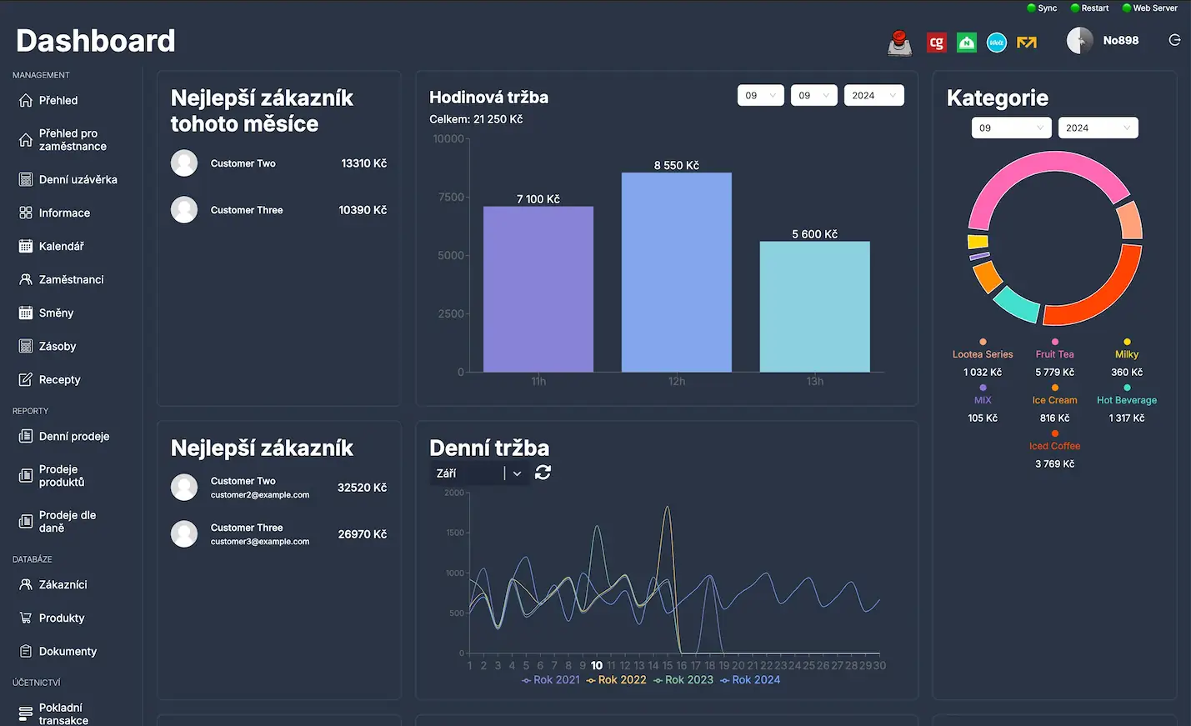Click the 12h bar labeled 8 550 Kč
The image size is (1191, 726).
click(676, 272)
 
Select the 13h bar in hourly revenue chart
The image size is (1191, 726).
click(814, 306)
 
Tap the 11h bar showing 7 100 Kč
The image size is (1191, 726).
click(538, 288)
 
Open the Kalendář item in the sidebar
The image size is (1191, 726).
click(61, 246)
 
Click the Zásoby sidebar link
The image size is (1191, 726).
click(57, 346)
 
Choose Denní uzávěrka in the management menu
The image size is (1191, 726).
click(78, 179)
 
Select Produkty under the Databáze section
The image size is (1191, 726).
click(62, 618)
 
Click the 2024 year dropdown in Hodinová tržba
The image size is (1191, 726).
click(873, 95)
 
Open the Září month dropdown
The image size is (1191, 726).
click(478, 473)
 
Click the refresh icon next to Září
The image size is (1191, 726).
click(543, 473)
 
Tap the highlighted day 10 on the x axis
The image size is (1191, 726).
click(597, 665)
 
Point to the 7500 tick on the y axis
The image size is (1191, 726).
click(450, 198)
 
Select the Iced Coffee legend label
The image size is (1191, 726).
click(1054, 446)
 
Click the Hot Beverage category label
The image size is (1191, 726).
click(1126, 400)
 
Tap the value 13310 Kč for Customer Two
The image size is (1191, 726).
click(363, 163)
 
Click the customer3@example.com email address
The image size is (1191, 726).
click(260, 542)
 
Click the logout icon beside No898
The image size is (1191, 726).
click(1174, 40)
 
